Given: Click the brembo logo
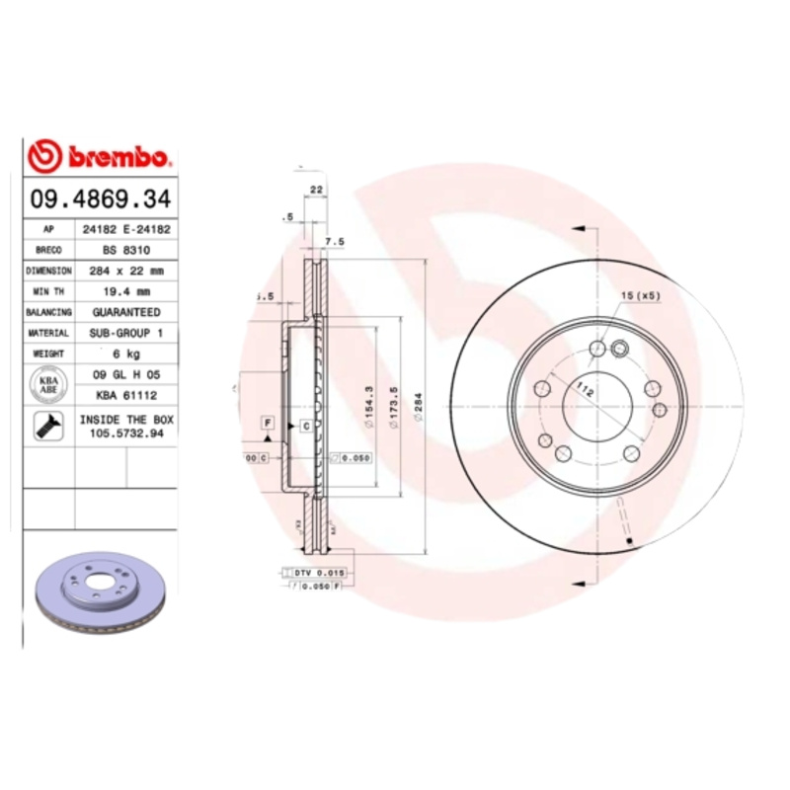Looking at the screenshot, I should pyautogui.click(x=101, y=156).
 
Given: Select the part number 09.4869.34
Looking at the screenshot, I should pyautogui.click(x=101, y=198).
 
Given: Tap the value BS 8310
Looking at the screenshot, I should pyautogui.click(x=125, y=250).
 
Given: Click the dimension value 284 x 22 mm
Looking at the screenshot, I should pyautogui.click(x=125, y=271).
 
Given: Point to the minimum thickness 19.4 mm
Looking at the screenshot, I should pyautogui.click(x=125, y=291).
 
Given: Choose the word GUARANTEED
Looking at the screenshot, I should pyautogui.click(x=125, y=312).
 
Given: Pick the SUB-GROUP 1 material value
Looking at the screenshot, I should pyautogui.click(x=125, y=334).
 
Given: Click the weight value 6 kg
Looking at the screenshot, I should pyautogui.click(x=125, y=354).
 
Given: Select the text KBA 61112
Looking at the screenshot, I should pyautogui.click(x=125, y=395).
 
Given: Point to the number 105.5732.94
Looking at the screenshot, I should pyautogui.click(x=125, y=434).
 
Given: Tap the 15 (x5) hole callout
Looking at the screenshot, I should pyautogui.click(x=640, y=296).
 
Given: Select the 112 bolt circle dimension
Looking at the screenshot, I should pyautogui.click(x=586, y=391).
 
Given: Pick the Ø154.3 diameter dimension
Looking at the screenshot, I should pyautogui.click(x=368, y=405).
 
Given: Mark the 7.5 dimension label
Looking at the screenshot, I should pyautogui.click(x=335, y=241).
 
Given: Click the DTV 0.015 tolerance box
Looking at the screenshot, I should pyautogui.click(x=316, y=573).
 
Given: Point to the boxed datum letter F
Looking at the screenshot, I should pyautogui.click(x=267, y=423).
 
